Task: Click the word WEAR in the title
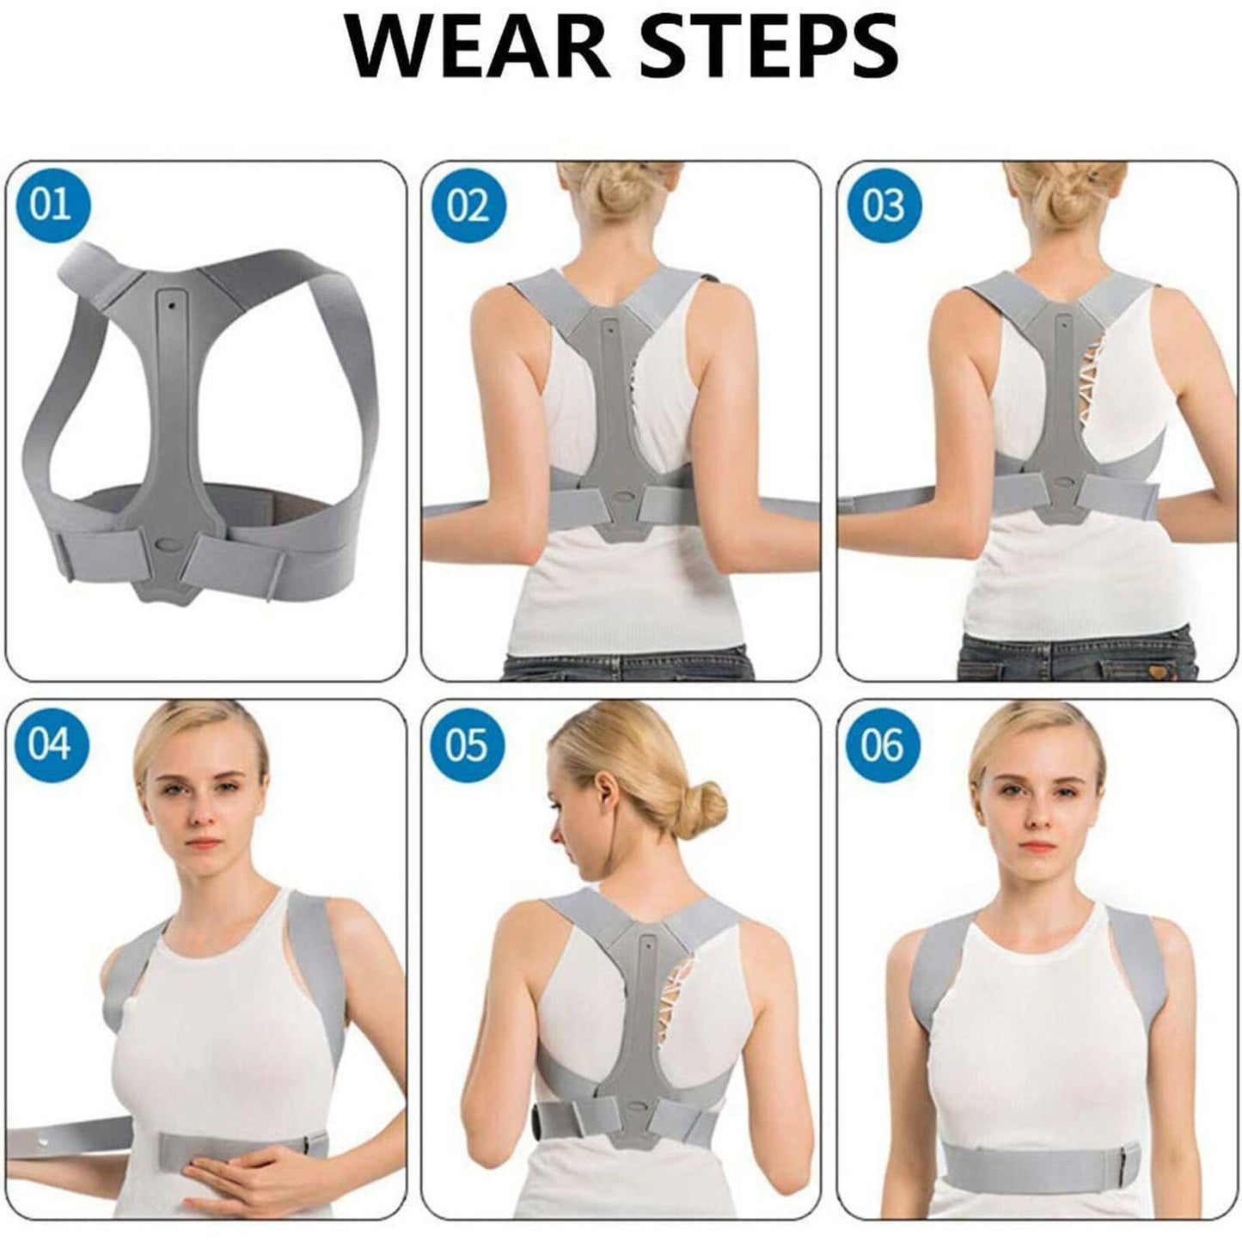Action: click(x=478, y=47)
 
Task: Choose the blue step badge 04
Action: click(x=50, y=743)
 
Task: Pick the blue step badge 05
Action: click(x=467, y=743)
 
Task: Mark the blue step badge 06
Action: click(x=883, y=743)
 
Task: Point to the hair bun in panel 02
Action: click(x=620, y=194)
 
